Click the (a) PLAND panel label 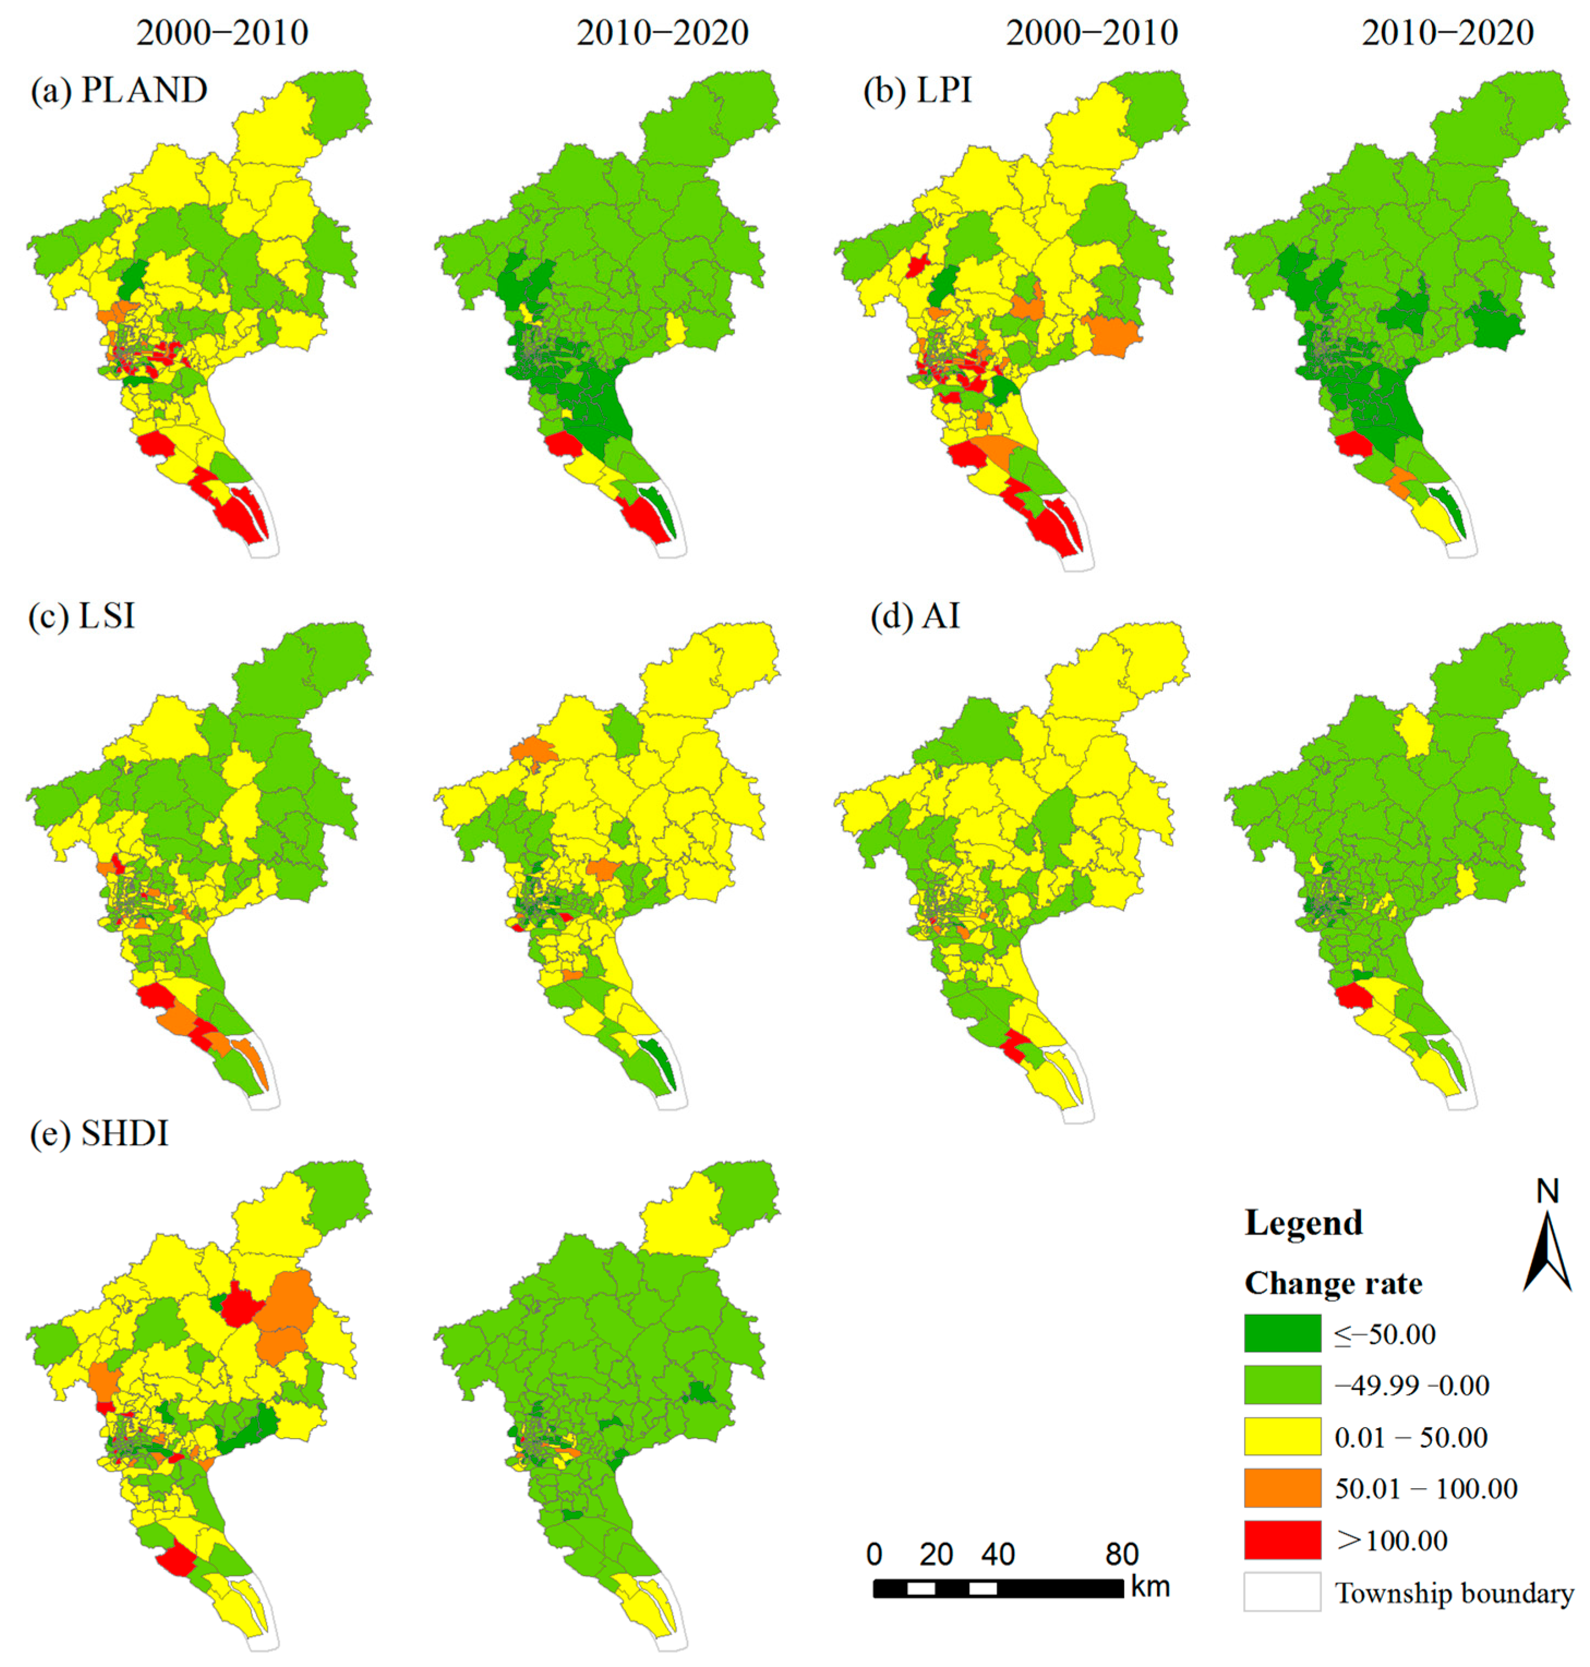click(119, 91)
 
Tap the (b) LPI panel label click(917, 91)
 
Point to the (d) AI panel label click(916, 616)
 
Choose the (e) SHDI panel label click(99, 1133)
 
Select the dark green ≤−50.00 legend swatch click(1281, 1333)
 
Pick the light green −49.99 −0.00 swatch click(1281, 1385)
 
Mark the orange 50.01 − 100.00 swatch click(1281, 1488)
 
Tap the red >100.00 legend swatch click(1281, 1540)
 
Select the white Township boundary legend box click(1281, 1592)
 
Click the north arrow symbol click(1547, 1250)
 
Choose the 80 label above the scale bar click(1121, 1554)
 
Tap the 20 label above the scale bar click(936, 1554)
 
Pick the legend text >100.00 click(1392, 1540)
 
